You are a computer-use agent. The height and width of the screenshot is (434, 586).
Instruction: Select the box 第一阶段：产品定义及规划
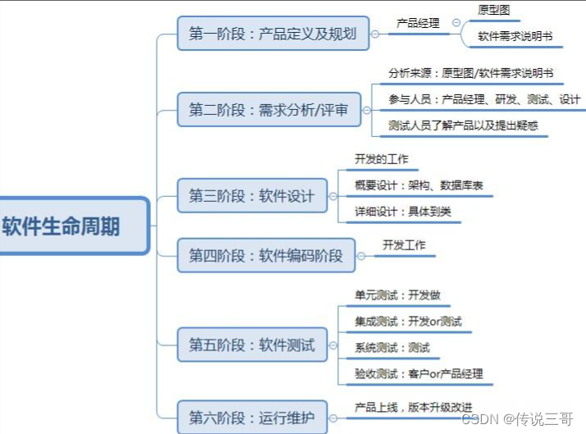[x=272, y=34]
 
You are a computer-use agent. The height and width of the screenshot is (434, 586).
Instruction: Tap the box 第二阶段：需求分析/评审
[x=268, y=109]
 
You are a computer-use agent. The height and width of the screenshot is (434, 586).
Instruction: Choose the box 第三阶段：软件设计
[x=251, y=196]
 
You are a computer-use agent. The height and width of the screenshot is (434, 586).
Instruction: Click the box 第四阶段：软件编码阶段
[x=266, y=255]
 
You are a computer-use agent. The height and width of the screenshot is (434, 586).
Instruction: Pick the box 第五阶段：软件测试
[x=251, y=345]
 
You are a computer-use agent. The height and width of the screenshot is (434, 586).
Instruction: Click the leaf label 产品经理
[x=418, y=23]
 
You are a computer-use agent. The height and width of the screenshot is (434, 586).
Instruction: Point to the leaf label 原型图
[x=493, y=11]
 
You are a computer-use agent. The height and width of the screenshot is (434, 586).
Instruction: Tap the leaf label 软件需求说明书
[x=515, y=36]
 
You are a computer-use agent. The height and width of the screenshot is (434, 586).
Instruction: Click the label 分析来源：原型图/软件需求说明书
[x=470, y=73]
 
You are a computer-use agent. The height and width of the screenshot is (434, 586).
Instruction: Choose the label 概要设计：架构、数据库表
[x=419, y=185]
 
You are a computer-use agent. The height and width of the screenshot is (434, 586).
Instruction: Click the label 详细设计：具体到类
[x=402, y=211]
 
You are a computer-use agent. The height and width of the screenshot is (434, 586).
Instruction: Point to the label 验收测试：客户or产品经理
[x=419, y=373]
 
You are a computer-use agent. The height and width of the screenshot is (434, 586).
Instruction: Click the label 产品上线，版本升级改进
[x=413, y=407]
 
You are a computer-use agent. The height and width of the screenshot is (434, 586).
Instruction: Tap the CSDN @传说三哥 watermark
[x=518, y=419]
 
